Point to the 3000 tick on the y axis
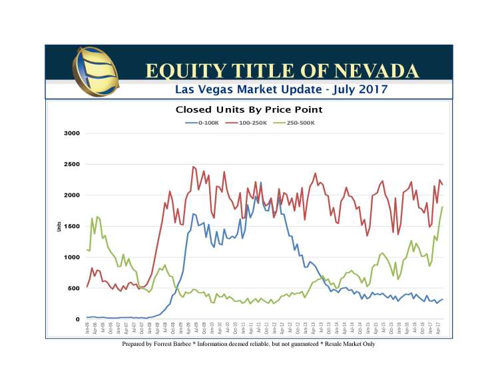coord(72,133)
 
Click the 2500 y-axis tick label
coord(72,164)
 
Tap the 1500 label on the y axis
coord(72,226)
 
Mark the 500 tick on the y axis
coord(73,288)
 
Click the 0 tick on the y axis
coord(77,319)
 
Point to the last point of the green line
coord(442,207)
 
